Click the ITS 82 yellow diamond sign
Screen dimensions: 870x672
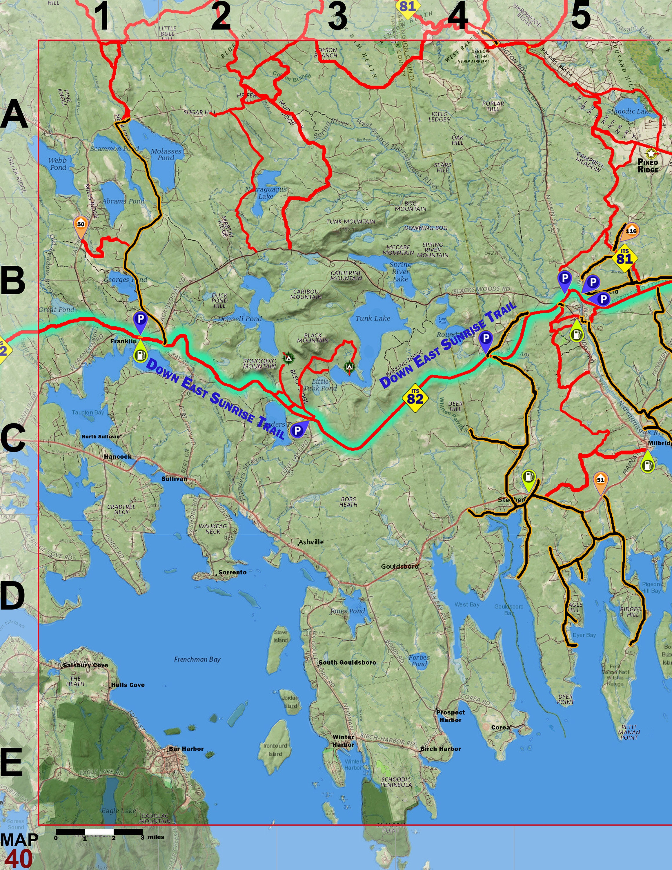coord(415,398)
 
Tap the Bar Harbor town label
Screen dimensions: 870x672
coord(186,749)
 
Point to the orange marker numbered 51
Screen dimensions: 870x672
coord(600,481)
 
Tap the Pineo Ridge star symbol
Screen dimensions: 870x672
coord(651,153)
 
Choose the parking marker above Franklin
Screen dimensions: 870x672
coord(140,320)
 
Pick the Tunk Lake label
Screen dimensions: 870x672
coord(373,318)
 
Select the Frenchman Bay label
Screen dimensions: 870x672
coord(197,660)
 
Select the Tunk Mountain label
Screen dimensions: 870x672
coord(351,222)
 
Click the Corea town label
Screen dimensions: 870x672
coord(500,727)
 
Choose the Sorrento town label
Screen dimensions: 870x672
coord(232,572)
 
